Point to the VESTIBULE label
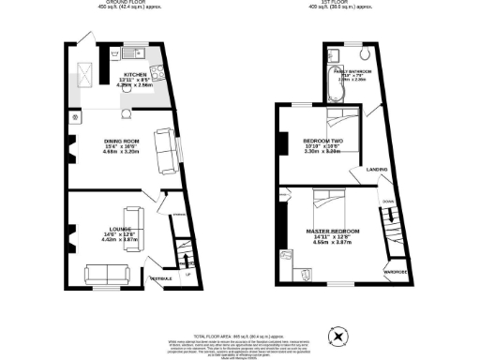click(160, 277)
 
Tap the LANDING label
click(377, 169)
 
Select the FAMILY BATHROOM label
click(351, 71)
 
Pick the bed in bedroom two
click(338, 120)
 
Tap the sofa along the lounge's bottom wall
click(107, 275)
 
